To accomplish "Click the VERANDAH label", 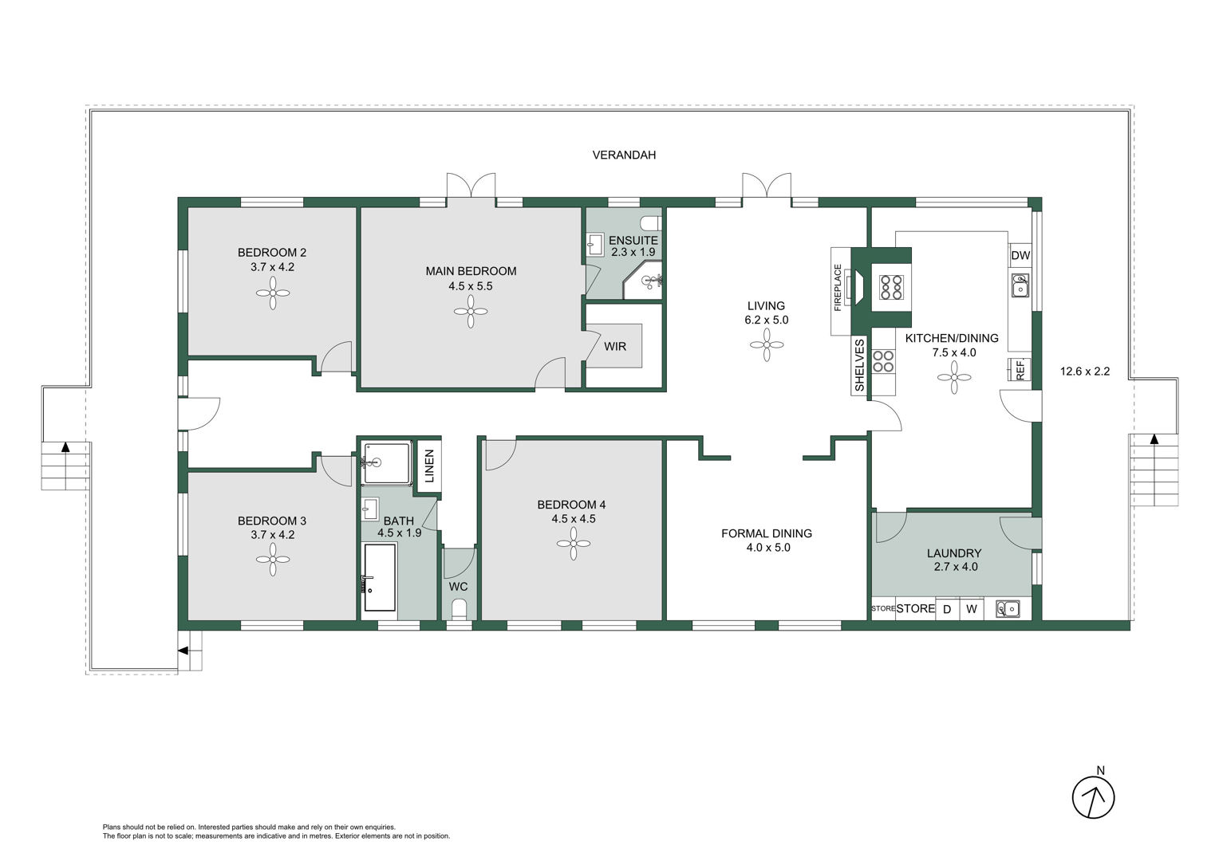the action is click(624, 155).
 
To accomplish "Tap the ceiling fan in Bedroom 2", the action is click(273, 293).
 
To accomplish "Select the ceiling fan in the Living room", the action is click(766, 345).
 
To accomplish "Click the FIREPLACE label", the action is click(838, 288).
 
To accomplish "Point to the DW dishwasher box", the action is click(1020, 255).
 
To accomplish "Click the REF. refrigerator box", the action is click(1020, 370).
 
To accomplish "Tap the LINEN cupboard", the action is click(429, 466).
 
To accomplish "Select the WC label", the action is click(458, 587).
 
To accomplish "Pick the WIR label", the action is click(615, 347).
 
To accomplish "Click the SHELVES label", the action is click(859, 365).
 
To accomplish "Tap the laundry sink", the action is click(1008, 608).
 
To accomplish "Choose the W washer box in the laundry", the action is click(972, 609).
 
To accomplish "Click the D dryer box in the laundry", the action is click(947, 609).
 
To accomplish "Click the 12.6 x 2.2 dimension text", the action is click(1085, 372).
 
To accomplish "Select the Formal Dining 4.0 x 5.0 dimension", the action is click(768, 548).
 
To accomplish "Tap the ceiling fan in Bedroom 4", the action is click(573, 544).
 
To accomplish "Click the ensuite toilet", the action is click(651, 223).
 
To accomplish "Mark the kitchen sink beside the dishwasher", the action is click(1020, 285).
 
